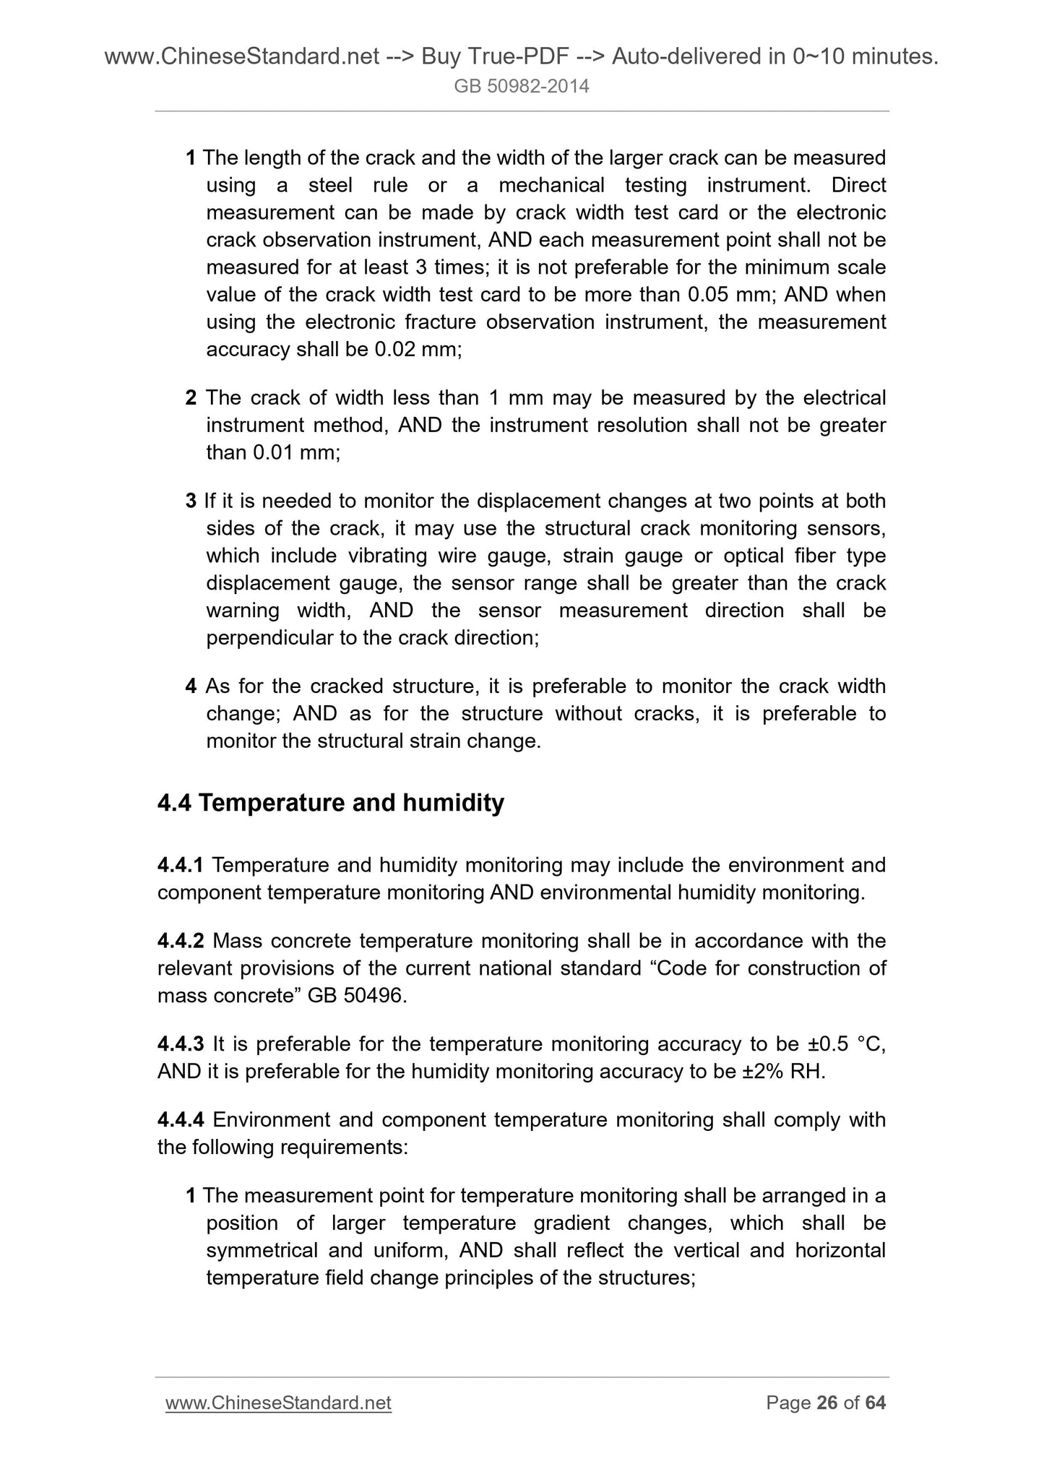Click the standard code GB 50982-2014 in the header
[x=521, y=87]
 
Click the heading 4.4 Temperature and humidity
[x=330, y=803]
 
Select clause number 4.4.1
[x=181, y=865]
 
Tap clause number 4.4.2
[x=181, y=941]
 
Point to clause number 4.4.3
[x=181, y=1044]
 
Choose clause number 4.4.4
[x=181, y=1120]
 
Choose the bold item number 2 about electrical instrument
[x=191, y=398]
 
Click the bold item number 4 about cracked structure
[x=191, y=686]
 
